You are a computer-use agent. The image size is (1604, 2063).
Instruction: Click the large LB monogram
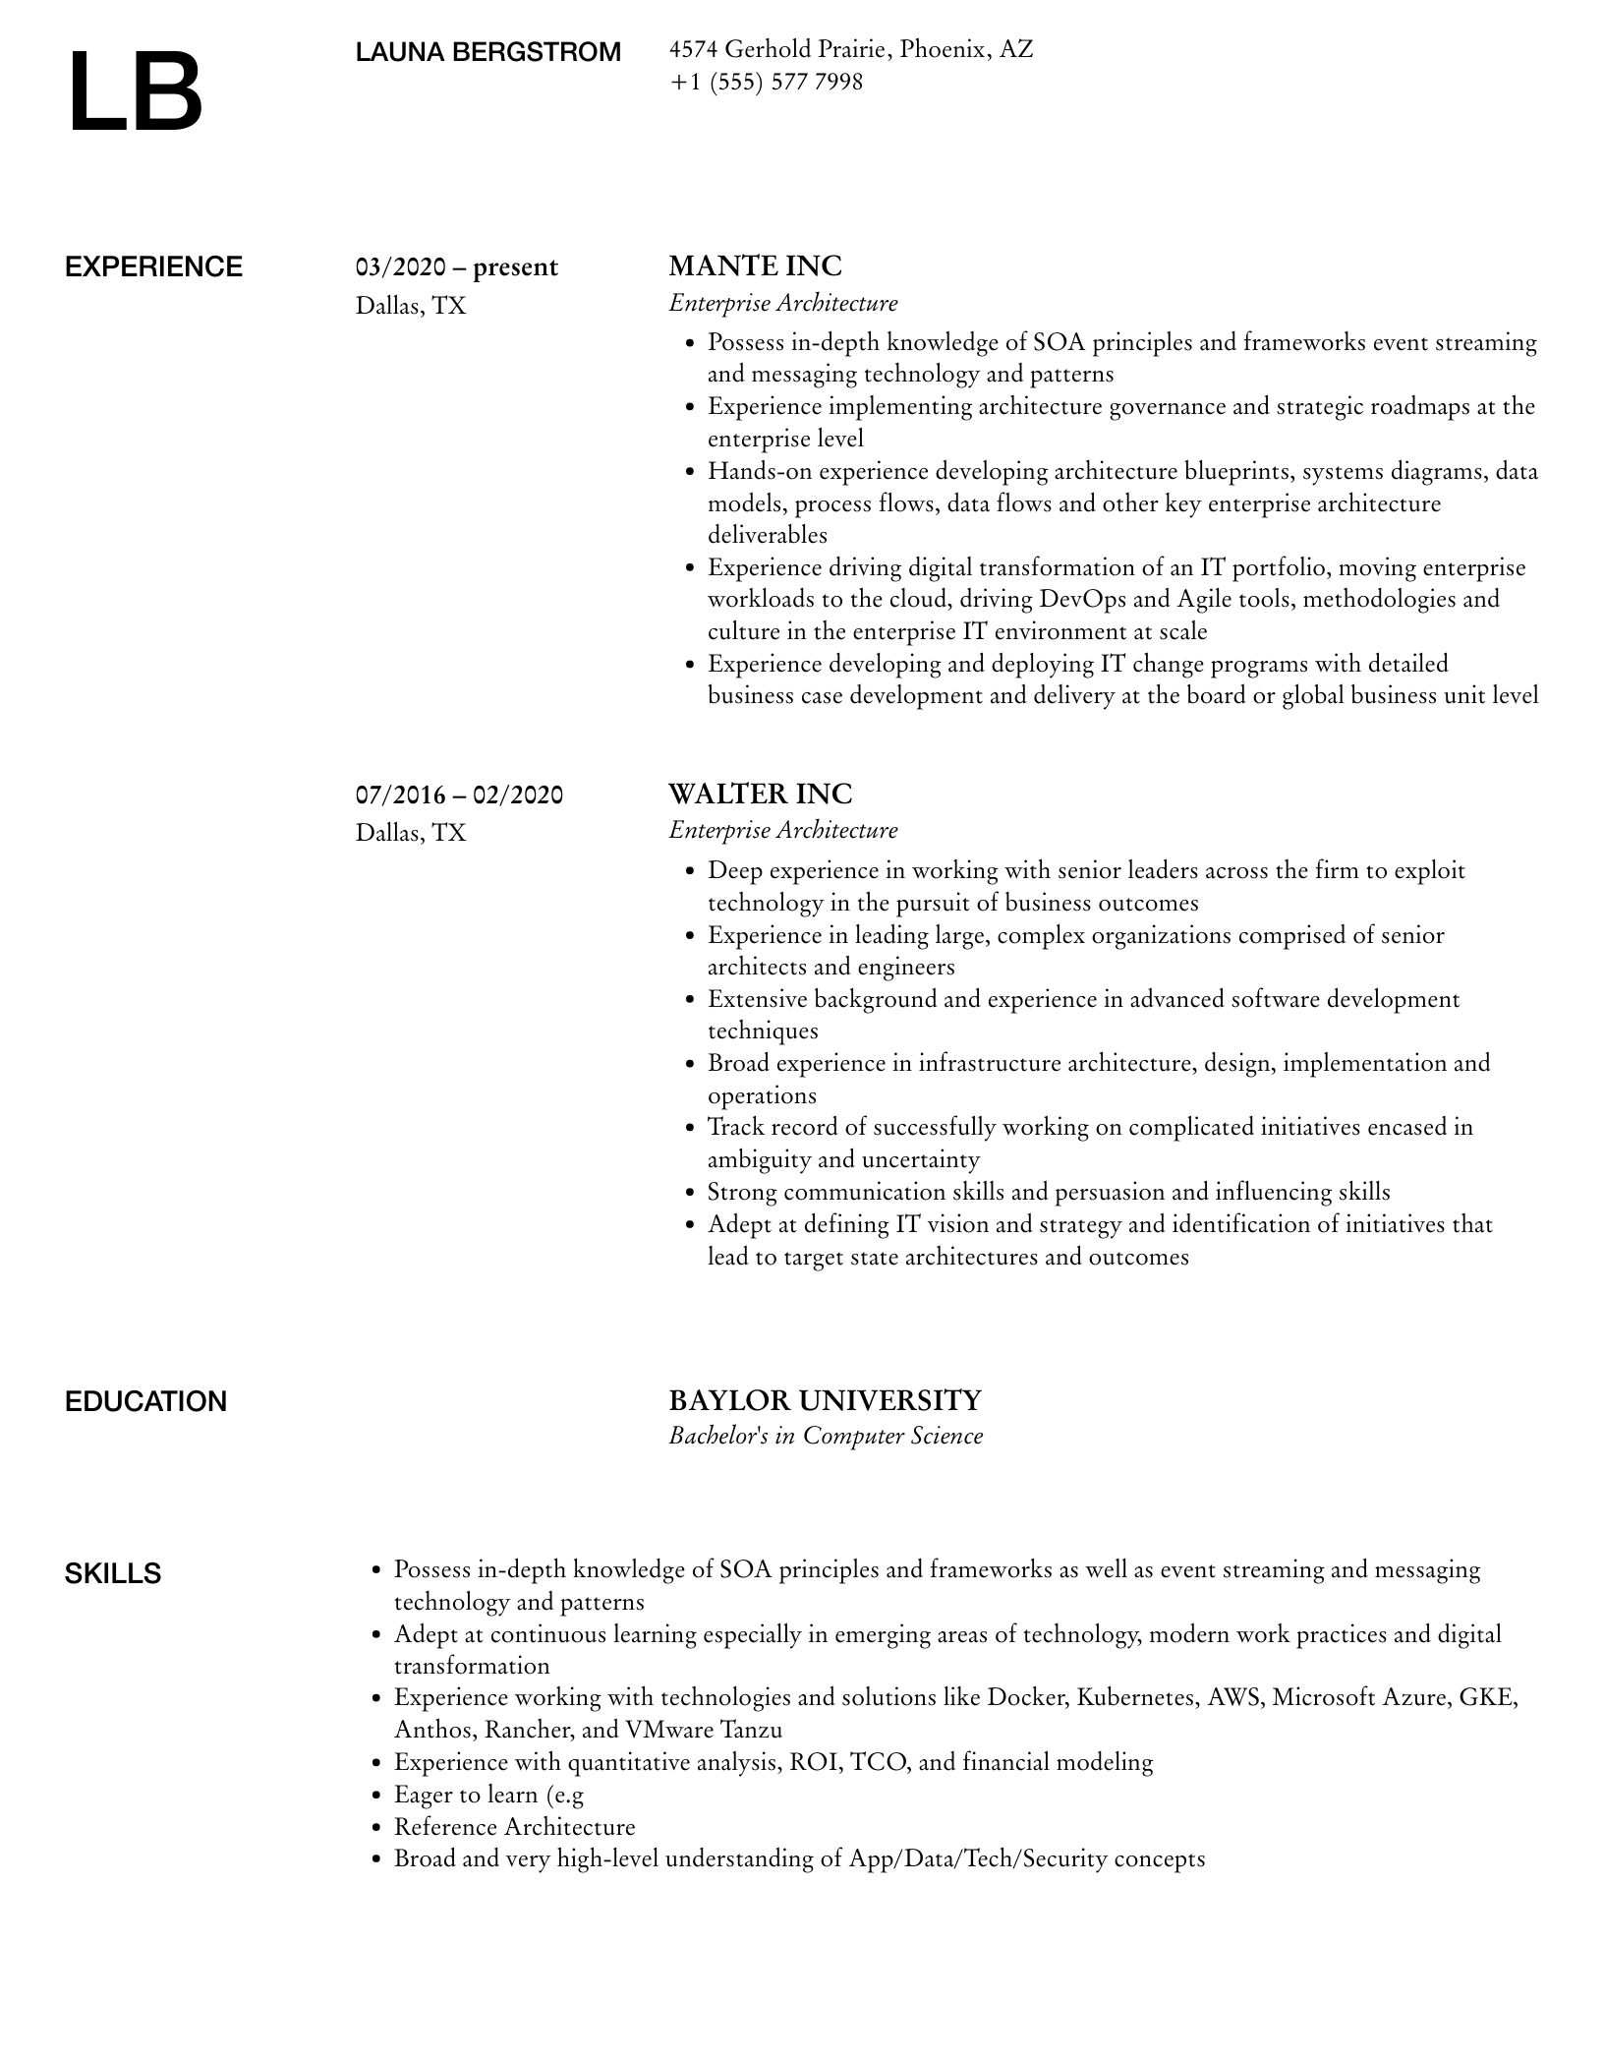click(135, 93)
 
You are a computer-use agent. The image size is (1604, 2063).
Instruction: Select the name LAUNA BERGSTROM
click(487, 52)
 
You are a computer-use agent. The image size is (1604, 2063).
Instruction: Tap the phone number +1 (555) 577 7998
click(766, 82)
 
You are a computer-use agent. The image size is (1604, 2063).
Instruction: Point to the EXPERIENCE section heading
click(153, 267)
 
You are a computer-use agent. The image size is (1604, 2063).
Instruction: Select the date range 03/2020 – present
click(456, 267)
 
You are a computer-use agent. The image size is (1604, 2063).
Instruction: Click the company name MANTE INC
click(755, 266)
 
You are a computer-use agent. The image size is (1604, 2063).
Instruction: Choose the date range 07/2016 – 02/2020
click(459, 795)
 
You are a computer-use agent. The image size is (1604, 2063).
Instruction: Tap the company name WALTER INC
click(760, 794)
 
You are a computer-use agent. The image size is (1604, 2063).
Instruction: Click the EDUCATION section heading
click(145, 1401)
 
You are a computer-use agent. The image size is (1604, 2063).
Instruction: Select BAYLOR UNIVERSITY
click(825, 1399)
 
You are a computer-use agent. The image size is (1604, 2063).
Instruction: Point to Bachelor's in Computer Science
click(826, 1436)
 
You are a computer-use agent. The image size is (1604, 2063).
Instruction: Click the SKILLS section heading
click(113, 1573)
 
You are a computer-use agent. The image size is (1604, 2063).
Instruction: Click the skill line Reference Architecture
click(514, 1826)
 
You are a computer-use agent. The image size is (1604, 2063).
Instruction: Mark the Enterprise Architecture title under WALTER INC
click(783, 830)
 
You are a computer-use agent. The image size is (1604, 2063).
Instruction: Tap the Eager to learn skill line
click(488, 1795)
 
